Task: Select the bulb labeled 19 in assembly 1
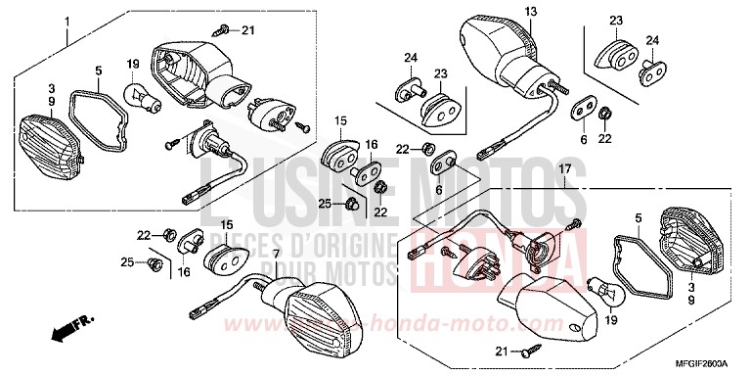(x=136, y=95)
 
